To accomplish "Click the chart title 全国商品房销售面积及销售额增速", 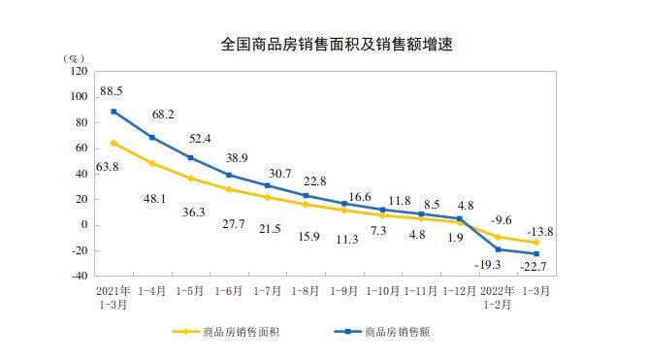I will (324, 44).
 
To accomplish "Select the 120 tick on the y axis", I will (79, 72).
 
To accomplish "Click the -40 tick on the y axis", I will (79, 276).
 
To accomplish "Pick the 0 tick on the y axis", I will (83, 225).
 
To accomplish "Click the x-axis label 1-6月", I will (230, 290).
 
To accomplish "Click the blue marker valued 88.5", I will (113, 112).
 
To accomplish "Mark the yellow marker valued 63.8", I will (113, 143).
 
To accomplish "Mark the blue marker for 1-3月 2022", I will (535, 254).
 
